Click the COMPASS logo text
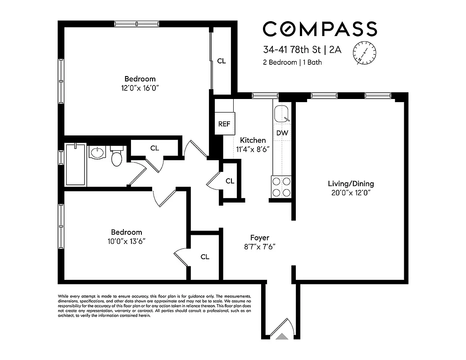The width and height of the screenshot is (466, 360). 320,29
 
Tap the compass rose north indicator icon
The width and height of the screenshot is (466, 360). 365,51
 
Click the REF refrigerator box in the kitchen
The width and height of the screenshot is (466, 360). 224,124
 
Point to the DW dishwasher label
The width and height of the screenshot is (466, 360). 282,133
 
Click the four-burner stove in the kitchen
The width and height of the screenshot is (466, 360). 281,187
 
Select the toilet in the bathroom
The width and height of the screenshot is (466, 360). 117,156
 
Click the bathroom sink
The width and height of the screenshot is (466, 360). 97,153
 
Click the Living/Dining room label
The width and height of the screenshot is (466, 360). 351,184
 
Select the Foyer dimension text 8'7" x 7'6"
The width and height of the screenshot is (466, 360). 260,246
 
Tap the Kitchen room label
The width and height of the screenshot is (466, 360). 253,140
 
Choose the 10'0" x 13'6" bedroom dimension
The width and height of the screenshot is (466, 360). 127,241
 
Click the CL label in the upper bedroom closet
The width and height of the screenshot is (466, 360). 222,61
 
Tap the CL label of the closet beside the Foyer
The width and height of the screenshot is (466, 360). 205,257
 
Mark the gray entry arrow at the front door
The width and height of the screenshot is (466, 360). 281,336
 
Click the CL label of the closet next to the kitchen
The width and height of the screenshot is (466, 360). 230,181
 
